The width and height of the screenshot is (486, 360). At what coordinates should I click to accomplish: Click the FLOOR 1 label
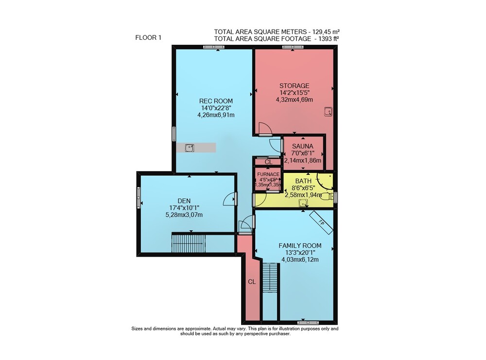148,38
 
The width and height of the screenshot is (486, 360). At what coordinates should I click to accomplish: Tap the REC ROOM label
216,101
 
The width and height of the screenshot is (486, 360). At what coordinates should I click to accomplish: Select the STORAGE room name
295,86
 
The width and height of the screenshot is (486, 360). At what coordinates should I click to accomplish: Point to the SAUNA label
302,146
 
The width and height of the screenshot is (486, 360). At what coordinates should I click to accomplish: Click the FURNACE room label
268,174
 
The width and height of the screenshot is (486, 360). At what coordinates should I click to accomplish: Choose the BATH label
303,181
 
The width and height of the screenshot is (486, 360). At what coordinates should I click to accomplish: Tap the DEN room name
184,201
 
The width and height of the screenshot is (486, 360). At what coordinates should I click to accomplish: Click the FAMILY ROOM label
300,246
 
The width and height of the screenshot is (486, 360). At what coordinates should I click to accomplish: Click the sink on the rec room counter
190,148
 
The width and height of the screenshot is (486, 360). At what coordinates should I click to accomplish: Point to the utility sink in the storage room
328,112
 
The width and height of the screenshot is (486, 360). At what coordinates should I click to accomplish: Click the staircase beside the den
189,244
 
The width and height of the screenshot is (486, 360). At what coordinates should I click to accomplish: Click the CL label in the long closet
252,282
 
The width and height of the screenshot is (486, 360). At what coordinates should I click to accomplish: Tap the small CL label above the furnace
268,162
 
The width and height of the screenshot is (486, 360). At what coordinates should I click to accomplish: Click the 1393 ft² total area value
328,38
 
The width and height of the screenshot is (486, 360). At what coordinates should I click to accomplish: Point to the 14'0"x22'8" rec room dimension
216,108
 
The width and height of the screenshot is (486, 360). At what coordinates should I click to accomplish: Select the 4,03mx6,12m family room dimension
300,259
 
